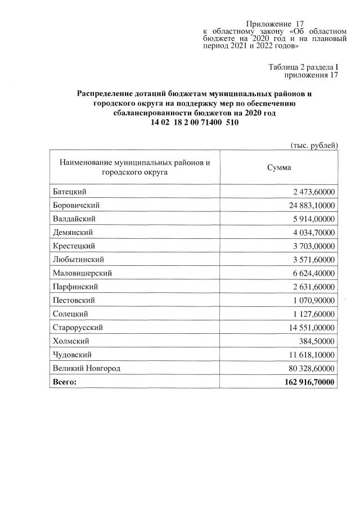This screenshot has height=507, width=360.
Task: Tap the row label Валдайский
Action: tap(73, 219)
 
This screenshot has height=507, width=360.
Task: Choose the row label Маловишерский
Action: tap(82, 273)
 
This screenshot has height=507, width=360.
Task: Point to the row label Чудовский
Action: tap(72, 355)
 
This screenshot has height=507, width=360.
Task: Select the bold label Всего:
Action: tap(64, 382)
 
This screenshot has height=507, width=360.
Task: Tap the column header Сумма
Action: tap(278, 168)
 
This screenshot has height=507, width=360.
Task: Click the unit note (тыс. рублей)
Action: tap(313, 145)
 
